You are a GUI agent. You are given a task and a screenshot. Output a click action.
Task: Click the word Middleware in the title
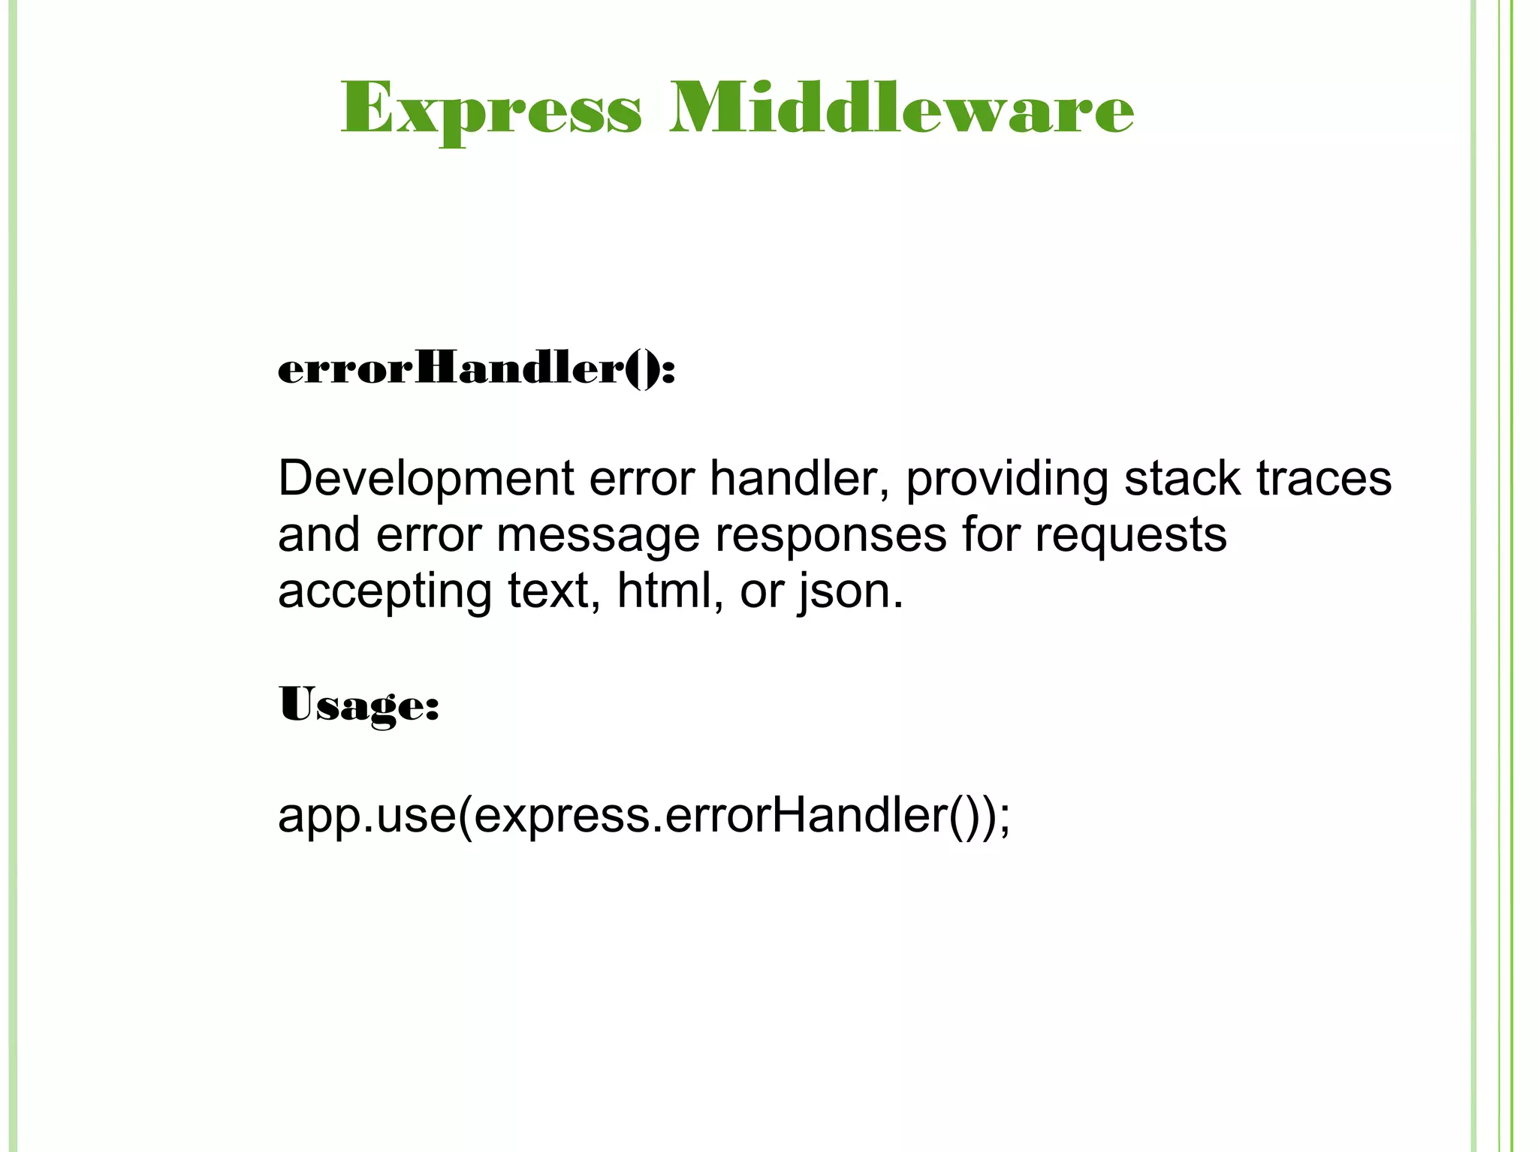pos(901,110)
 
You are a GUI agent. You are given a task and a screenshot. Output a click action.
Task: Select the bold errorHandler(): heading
pos(476,369)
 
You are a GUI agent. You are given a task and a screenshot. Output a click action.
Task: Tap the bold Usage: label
pos(358,705)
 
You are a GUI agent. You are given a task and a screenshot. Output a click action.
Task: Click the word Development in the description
pos(426,479)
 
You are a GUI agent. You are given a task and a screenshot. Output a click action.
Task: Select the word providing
pos(1006,479)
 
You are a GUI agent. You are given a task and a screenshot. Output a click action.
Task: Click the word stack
pos(1182,479)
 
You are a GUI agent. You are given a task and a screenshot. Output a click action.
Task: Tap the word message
pos(597,535)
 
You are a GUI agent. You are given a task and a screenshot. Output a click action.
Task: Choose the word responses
pos(830,535)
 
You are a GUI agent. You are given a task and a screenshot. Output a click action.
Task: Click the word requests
pos(1130,535)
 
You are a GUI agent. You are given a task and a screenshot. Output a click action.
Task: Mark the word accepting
pos(384,591)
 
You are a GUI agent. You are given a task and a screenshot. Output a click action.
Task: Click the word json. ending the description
pos(850,591)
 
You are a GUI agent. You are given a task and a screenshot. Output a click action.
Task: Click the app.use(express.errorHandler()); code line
pos(644,816)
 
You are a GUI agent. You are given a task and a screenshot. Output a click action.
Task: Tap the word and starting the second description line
pos(318,535)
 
